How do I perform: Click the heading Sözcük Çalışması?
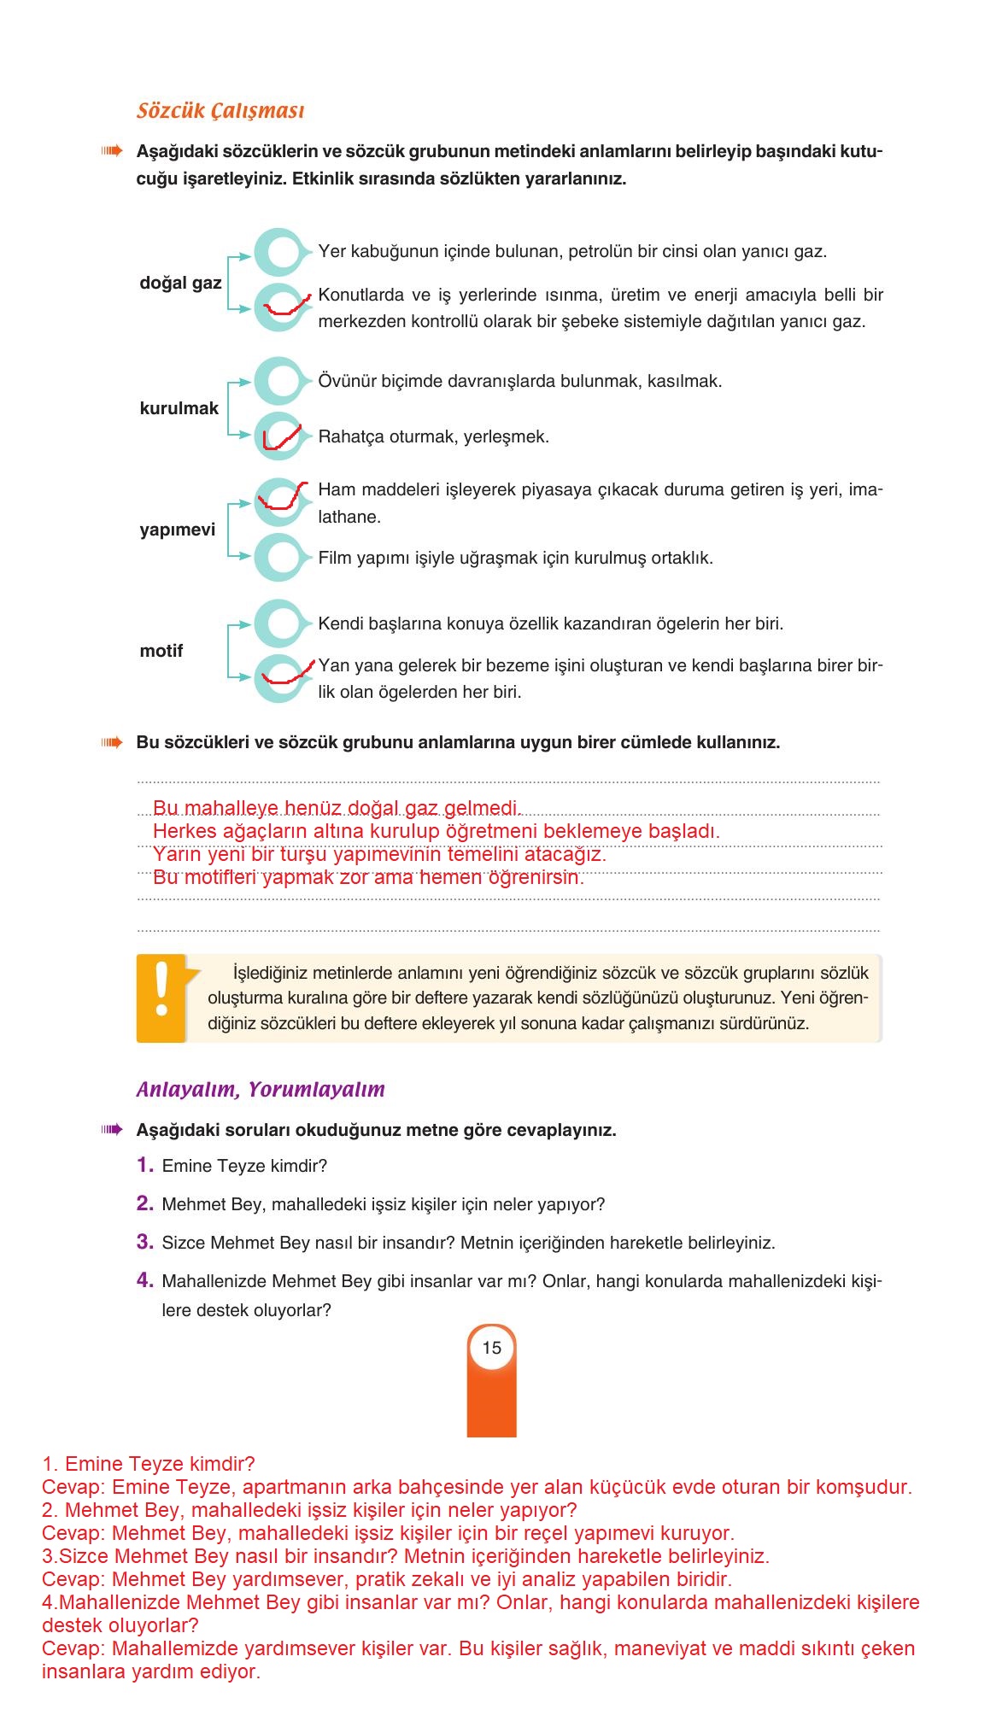[220, 111]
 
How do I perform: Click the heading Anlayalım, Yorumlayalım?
[261, 1090]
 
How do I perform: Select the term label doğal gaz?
[180, 283]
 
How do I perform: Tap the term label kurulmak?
[179, 408]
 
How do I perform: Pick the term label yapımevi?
[177, 530]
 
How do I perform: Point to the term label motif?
[161, 651]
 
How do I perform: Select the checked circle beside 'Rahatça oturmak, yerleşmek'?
[278, 436]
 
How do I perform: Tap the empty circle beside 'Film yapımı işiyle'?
[278, 558]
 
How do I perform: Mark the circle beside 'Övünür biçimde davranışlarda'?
[278, 381]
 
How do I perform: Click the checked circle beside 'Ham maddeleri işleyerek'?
[278, 502]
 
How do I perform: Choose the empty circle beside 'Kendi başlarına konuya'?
[278, 623]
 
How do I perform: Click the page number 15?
[491, 1348]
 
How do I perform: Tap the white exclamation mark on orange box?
[161, 990]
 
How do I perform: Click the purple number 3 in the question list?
[145, 1242]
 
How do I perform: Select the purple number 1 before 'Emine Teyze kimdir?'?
[145, 1165]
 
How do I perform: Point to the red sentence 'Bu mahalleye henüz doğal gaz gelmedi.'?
[337, 808]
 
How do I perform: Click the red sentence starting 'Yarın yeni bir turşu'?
[378, 854]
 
